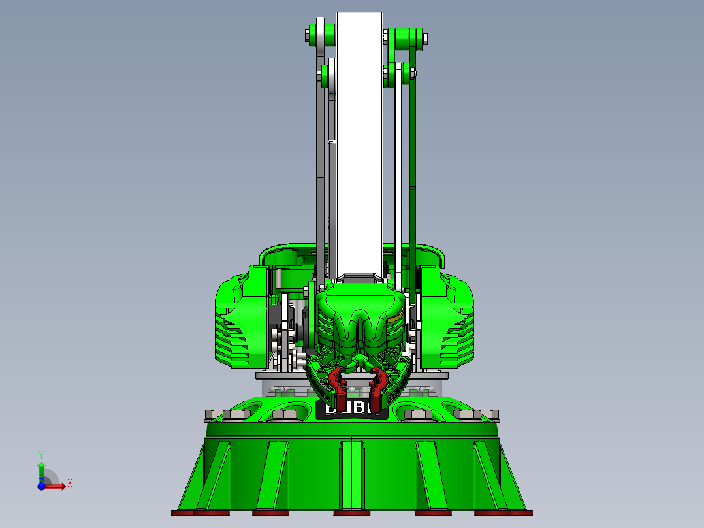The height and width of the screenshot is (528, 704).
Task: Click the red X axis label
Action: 70,483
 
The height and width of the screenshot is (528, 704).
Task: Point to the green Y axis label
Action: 41,454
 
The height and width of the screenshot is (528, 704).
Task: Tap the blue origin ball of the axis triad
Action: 41,486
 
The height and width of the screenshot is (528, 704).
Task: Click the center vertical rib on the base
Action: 352,474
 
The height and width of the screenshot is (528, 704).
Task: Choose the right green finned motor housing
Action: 447,320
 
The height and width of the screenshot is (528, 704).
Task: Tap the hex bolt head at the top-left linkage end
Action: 309,34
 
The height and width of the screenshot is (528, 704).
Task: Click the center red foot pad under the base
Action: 352,513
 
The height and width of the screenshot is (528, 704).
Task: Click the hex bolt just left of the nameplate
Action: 285,414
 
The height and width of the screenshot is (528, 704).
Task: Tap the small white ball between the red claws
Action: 353,389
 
